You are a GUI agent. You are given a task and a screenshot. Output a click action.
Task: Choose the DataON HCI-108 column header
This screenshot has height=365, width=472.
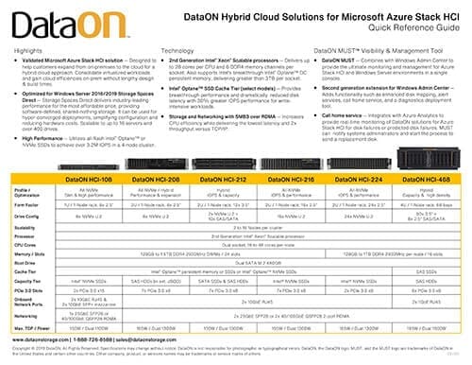tap(96, 177)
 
